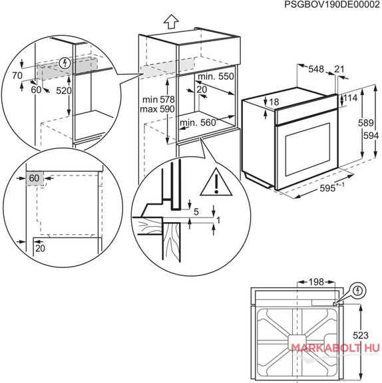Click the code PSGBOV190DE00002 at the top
(x=332, y=5)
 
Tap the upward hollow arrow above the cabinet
(x=171, y=22)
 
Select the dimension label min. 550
(x=216, y=76)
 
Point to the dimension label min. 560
(x=198, y=122)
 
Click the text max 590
(x=157, y=109)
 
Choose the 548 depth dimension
(x=316, y=69)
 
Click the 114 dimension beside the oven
(x=351, y=98)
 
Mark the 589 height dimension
(x=366, y=123)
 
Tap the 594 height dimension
(x=371, y=136)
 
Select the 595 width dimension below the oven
(x=331, y=188)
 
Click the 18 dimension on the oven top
(x=274, y=102)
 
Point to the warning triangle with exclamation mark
(x=216, y=182)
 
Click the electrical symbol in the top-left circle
(x=65, y=63)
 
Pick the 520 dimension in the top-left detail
(x=64, y=90)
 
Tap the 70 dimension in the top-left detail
(x=17, y=76)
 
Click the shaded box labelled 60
(x=35, y=178)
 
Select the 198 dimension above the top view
(x=316, y=282)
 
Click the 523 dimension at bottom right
(x=361, y=335)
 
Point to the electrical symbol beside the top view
(x=358, y=291)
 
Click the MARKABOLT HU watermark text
(x=335, y=348)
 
